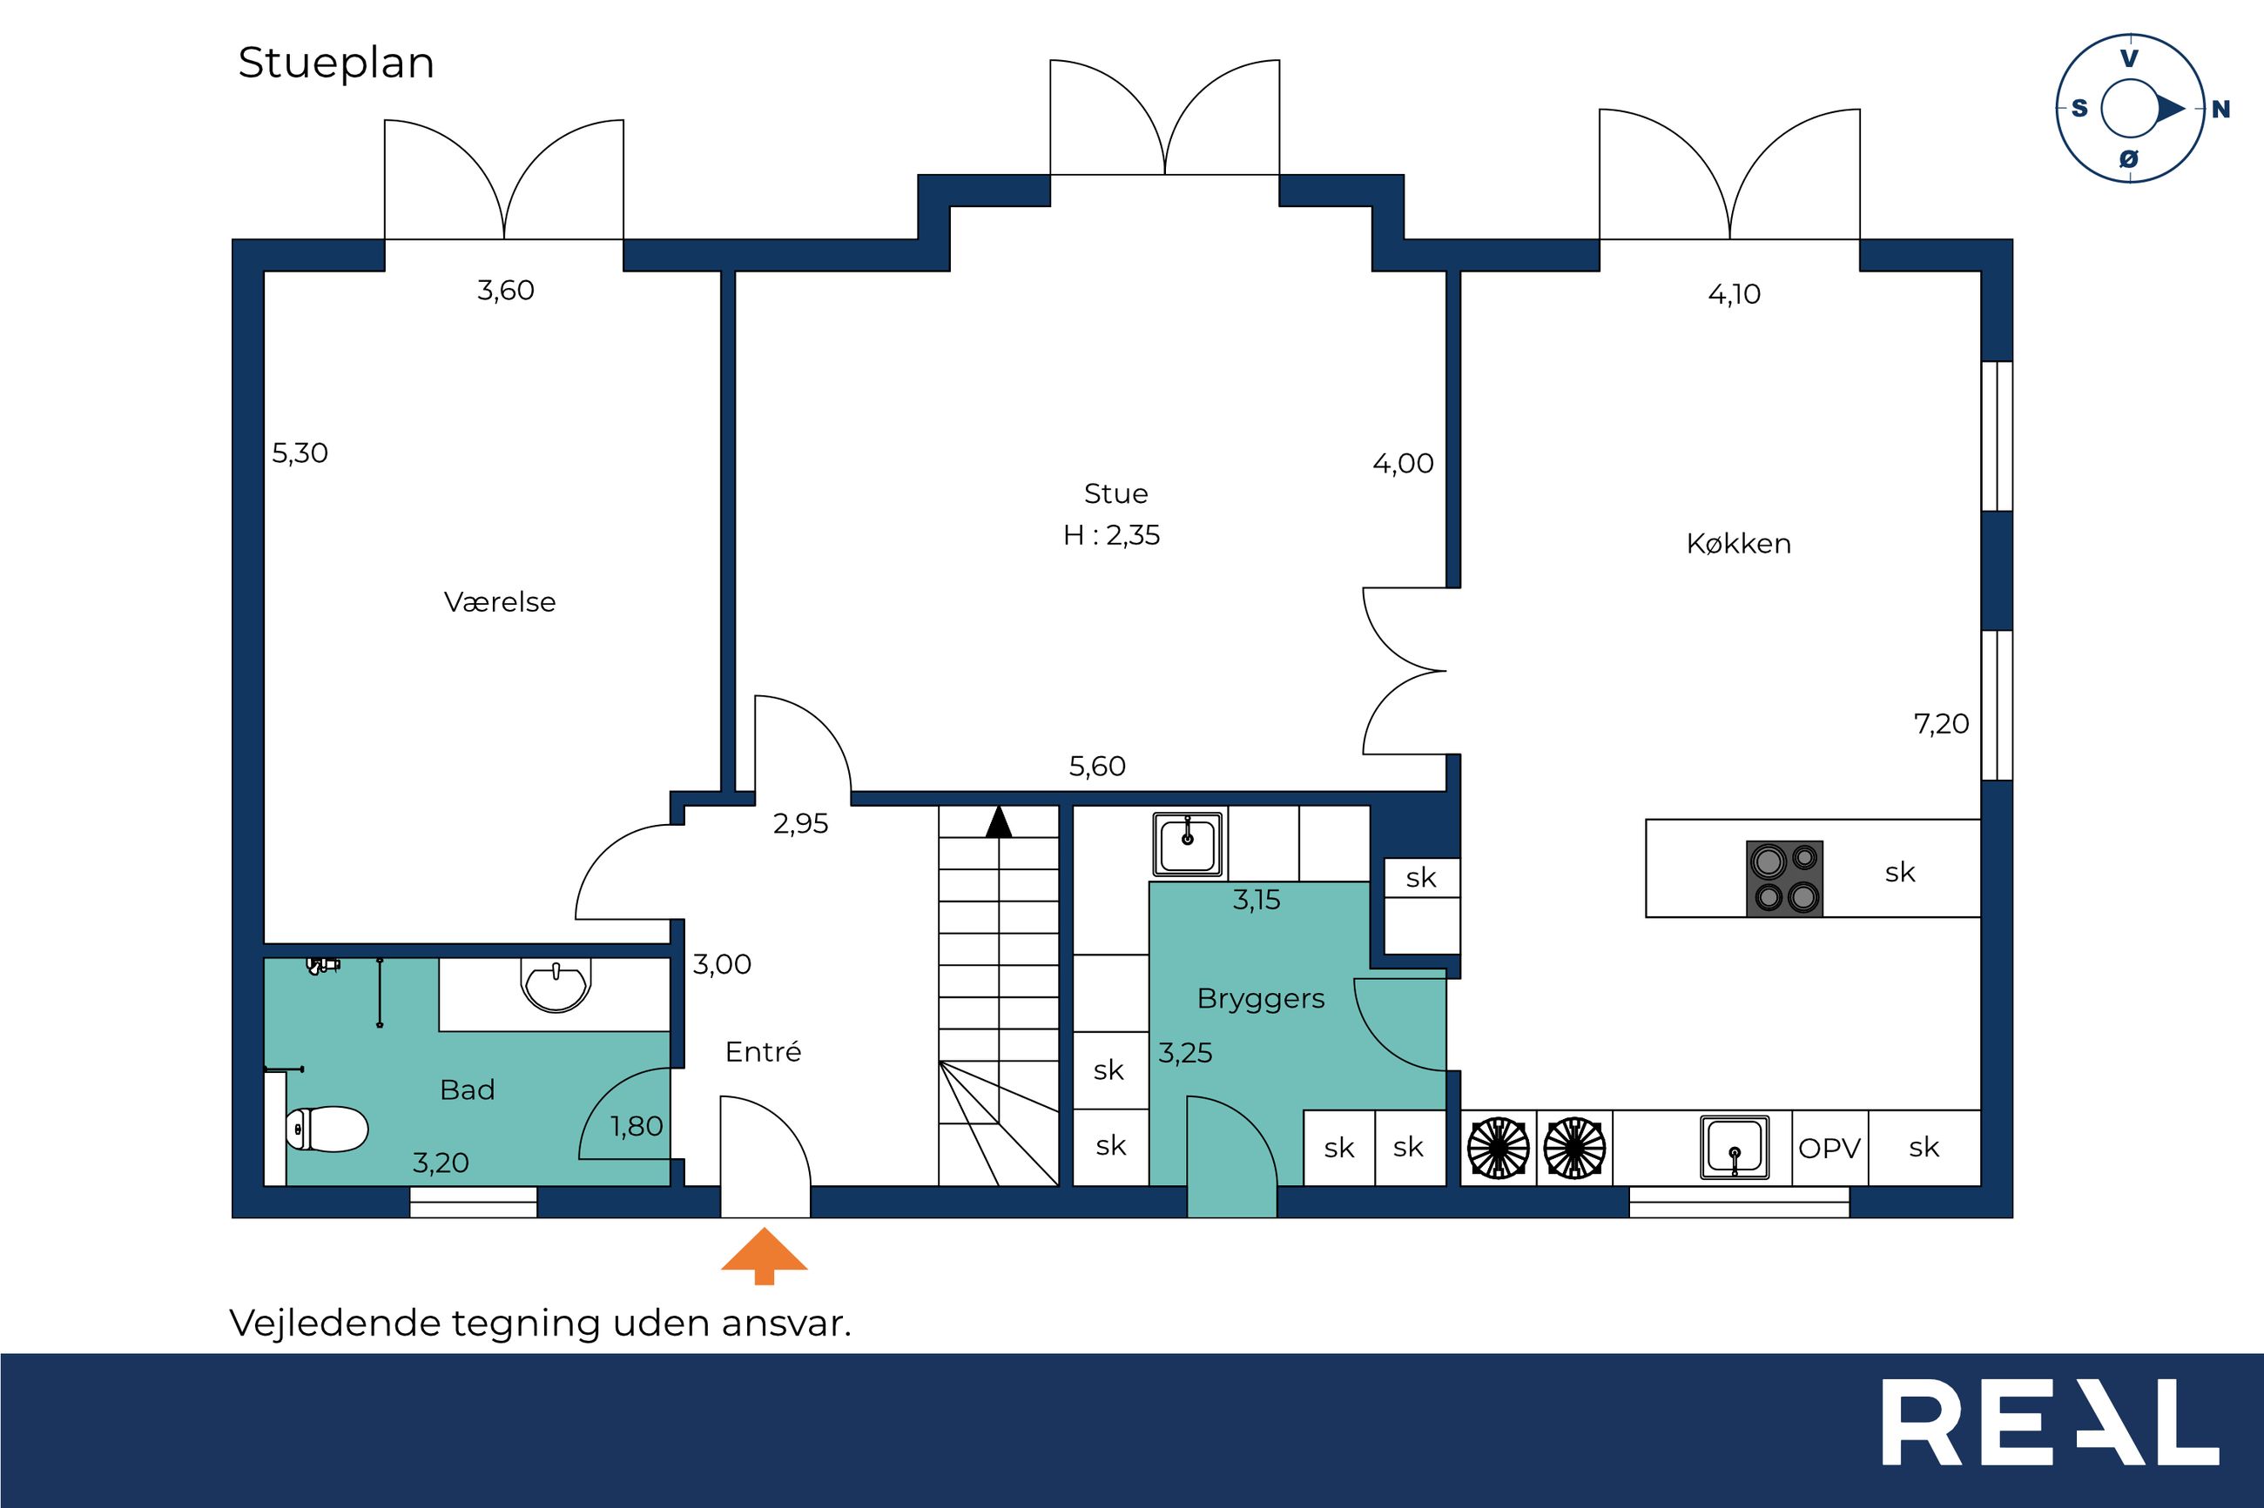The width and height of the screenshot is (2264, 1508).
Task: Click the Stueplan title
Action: click(336, 64)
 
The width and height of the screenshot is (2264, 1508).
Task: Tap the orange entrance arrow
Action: click(764, 1255)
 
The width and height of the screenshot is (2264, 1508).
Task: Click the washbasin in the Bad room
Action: click(554, 984)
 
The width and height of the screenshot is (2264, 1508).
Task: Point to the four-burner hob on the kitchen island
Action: click(1784, 878)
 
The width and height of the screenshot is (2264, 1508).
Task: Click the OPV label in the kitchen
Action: click(1829, 1149)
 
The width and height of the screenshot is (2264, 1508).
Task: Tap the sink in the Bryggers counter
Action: click(1188, 844)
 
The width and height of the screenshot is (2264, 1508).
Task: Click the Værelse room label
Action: click(499, 602)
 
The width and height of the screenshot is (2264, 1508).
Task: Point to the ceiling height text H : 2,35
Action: click(1111, 535)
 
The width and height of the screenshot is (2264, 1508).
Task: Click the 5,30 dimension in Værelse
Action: click(300, 453)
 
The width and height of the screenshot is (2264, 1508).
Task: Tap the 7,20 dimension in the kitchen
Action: click(1941, 723)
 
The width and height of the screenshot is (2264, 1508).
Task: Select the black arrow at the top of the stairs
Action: click(999, 821)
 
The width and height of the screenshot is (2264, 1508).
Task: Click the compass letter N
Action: click(2220, 110)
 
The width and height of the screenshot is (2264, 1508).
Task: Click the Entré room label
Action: click(763, 1051)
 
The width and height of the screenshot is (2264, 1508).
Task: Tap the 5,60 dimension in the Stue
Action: click(1097, 767)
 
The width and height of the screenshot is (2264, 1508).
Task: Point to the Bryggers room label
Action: click(1261, 999)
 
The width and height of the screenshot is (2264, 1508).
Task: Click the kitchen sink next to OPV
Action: click(1735, 1146)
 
